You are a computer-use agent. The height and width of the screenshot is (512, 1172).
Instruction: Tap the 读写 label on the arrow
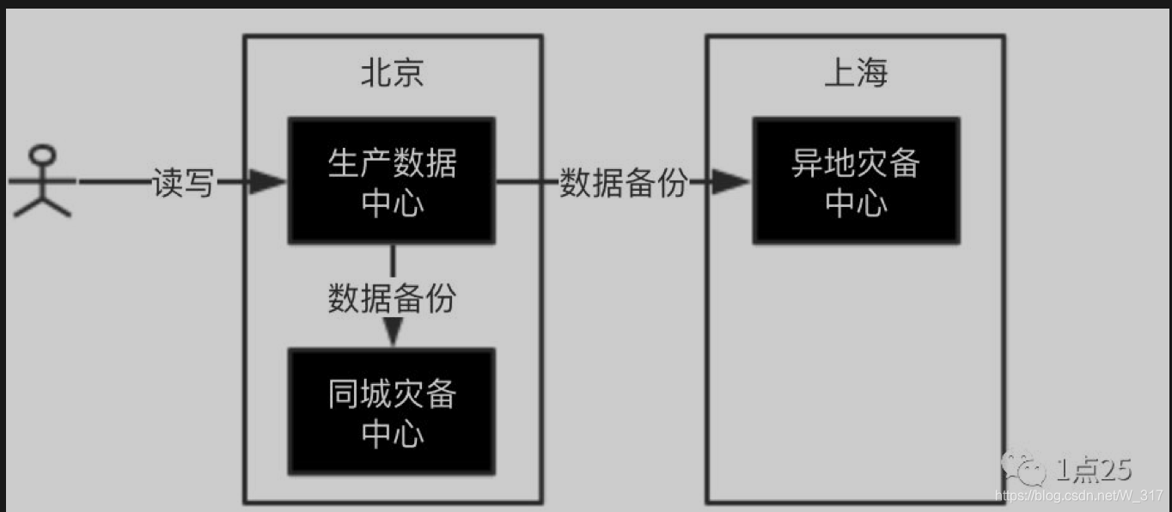[x=182, y=182]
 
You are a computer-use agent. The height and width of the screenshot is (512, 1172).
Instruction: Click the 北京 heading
[x=392, y=74]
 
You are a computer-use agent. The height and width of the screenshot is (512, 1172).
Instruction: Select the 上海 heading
[x=856, y=74]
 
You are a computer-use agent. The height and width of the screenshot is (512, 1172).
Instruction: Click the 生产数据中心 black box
[x=392, y=180]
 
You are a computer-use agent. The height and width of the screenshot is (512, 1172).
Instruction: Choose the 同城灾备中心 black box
[x=392, y=411]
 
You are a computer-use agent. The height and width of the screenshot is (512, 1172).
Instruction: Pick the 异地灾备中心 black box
[x=856, y=180]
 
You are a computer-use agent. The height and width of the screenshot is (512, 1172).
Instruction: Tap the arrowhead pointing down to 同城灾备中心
[x=393, y=332]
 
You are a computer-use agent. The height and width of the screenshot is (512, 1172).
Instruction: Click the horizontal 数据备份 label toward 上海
[x=624, y=182]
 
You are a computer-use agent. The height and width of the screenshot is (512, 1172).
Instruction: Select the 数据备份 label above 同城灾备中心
[x=392, y=297]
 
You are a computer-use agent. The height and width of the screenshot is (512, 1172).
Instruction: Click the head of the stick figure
[x=41, y=156]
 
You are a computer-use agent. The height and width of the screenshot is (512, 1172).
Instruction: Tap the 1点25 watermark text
[x=1093, y=469]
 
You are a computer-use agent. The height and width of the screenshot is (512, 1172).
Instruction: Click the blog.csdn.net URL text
[x=1078, y=496]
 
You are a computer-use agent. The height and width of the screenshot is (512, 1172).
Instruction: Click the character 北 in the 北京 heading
[x=375, y=74]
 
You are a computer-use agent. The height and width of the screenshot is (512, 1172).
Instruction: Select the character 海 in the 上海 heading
[x=872, y=74]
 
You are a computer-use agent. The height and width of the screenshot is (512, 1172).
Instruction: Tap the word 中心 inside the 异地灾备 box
[x=856, y=203]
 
